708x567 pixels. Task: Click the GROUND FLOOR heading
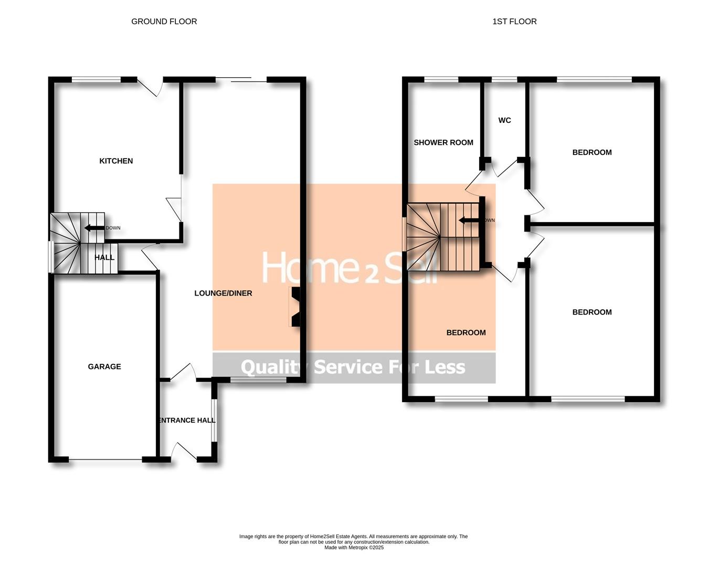pos(164,22)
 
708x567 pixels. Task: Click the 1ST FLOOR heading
pos(514,22)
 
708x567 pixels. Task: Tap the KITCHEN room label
pos(116,161)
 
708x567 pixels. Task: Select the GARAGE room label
pos(104,366)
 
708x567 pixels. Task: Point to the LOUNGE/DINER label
pos(223,293)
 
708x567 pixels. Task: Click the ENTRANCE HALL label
pos(187,420)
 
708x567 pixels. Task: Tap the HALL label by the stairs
pos(104,257)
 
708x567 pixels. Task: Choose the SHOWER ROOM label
pos(443,142)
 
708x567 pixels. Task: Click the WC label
pos(504,120)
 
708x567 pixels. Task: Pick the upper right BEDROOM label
pos(592,152)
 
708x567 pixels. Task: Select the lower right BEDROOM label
pos(592,312)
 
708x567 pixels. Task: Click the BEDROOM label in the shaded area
pos(466,332)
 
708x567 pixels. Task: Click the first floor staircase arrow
pos(469,220)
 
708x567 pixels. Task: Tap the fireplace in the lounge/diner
pos(295,307)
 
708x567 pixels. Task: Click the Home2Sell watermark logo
pos(349,268)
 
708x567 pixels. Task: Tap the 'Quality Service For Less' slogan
pos(353,367)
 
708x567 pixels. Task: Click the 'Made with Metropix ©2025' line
pos(354,548)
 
